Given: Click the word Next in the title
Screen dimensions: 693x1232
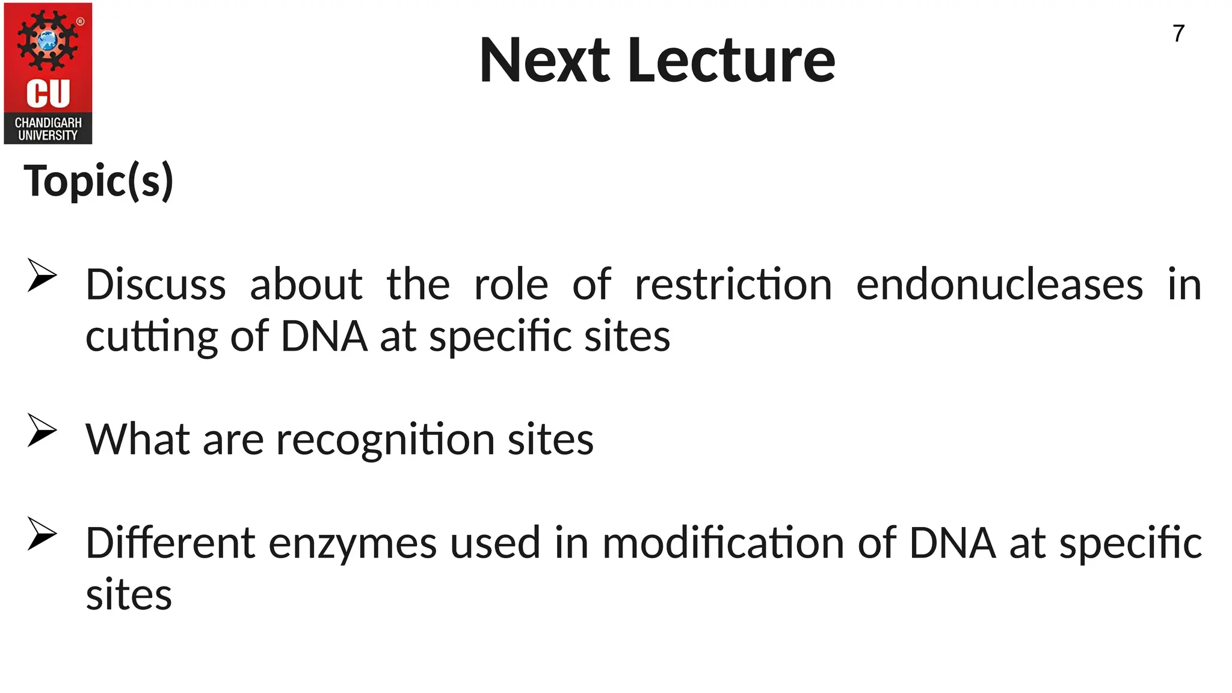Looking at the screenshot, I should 544,61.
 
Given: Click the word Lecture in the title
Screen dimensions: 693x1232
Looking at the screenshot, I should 731,61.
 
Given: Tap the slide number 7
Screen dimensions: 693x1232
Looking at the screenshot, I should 1178,34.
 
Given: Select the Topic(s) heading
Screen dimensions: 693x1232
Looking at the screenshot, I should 99,181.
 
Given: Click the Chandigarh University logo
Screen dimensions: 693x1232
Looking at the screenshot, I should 48,73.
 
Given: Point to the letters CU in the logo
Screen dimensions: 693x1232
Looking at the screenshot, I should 48,94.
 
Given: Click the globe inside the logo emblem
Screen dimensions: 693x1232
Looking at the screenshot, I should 48,41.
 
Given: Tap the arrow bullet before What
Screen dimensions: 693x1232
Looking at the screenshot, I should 42,430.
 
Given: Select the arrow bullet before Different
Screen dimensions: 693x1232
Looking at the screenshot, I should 42,534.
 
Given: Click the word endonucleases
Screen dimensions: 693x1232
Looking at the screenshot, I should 999,285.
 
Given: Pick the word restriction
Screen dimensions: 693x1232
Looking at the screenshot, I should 733,285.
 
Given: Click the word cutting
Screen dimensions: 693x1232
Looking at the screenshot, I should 152,337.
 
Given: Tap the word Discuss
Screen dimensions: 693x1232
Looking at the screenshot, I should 156,285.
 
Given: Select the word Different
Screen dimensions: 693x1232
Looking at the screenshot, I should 171,543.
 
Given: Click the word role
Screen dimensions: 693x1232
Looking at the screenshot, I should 511,285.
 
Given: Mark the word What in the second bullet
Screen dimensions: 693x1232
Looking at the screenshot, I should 138,439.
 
